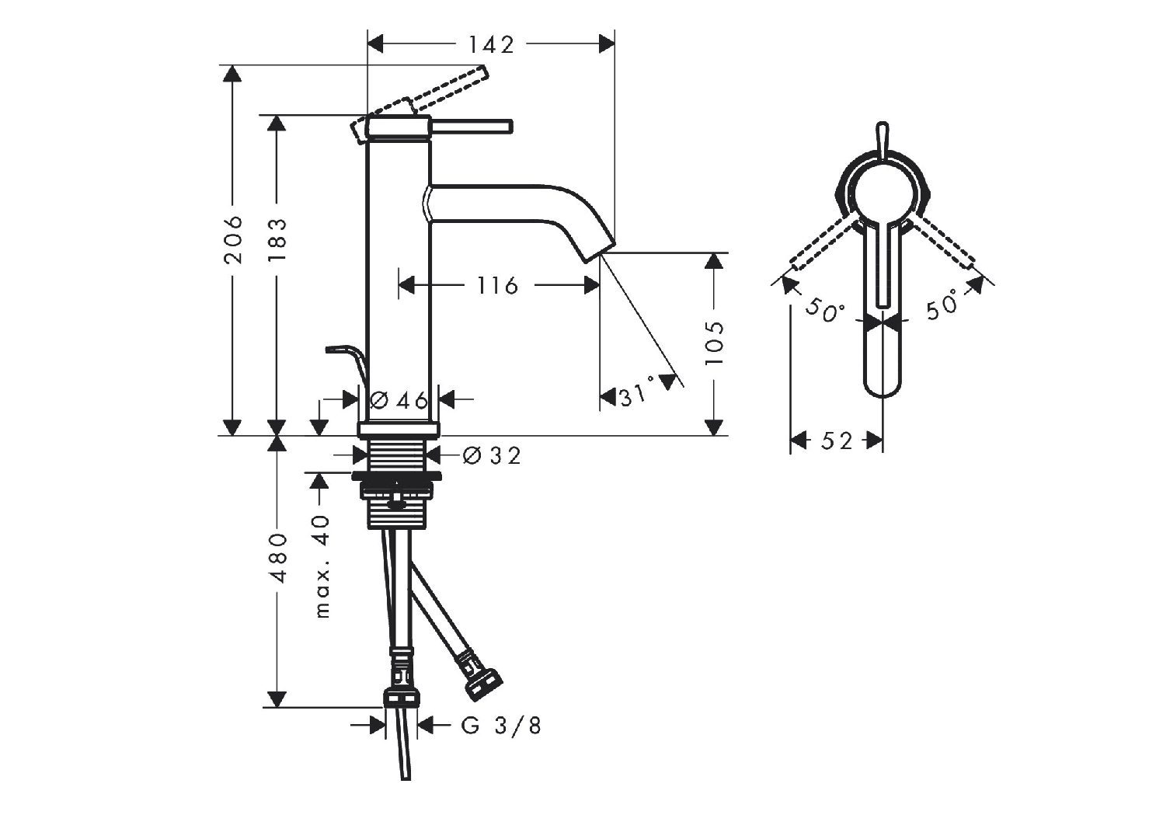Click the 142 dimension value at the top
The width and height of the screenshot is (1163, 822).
point(491,44)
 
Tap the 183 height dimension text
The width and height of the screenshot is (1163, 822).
point(278,239)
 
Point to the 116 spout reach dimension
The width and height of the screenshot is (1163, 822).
point(497,286)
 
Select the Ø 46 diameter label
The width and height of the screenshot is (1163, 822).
point(400,400)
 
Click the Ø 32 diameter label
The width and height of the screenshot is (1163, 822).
point(491,456)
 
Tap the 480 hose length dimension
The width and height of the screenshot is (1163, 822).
point(278,558)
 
